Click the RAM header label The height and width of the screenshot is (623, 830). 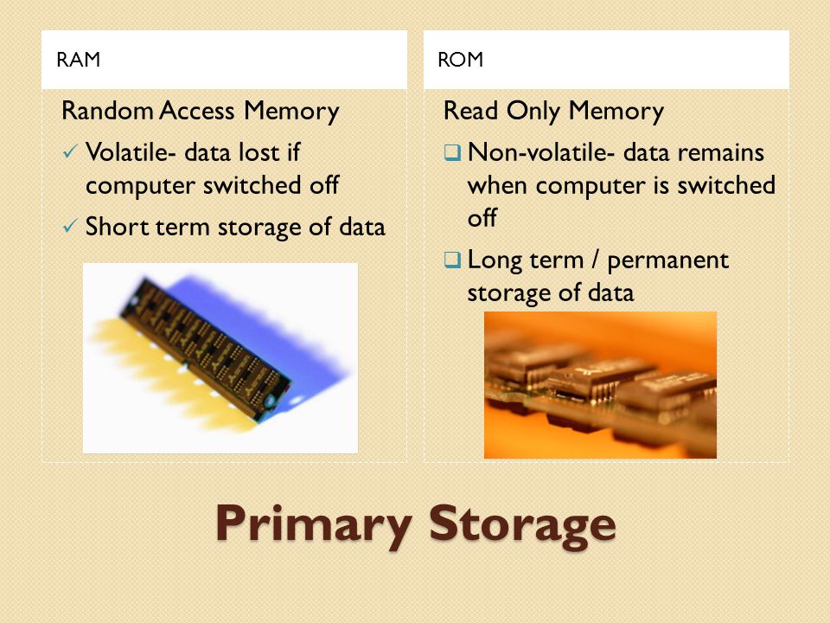coord(79,60)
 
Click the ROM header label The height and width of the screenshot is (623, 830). coord(461,60)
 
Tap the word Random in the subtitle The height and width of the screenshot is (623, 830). coord(107,111)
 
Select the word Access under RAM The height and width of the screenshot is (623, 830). coord(197,111)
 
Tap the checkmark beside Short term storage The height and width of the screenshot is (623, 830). coord(70,226)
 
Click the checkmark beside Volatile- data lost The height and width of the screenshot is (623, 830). coord(70,152)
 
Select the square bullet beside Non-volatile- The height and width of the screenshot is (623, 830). coord(452,153)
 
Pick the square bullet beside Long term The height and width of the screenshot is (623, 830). coord(452,260)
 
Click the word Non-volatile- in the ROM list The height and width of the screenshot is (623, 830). coord(541,152)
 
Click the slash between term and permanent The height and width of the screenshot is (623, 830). coord(596,260)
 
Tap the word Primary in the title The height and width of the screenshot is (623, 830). coord(314,524)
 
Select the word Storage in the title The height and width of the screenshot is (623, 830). coord(522,524)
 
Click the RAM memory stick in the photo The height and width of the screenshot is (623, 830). coord(206,349)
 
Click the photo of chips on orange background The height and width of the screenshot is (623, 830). coord(600,385)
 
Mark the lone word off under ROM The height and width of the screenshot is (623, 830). coord(482,218)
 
